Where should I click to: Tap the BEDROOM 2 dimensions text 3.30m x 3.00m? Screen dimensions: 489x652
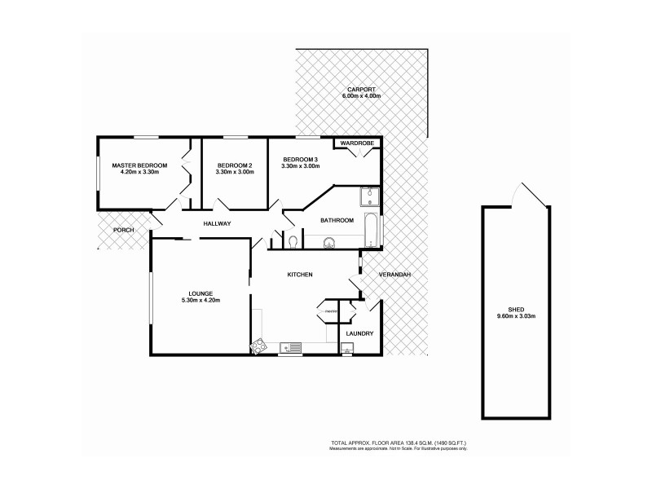click(x=235, y=173)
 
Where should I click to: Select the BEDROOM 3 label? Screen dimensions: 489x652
click(x=301, y=159)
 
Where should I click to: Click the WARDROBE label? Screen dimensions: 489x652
click(x=357, y=143)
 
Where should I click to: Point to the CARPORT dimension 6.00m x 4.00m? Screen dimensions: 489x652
click(x=362, y=96)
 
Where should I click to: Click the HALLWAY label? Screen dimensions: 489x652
click(x=218, y=223)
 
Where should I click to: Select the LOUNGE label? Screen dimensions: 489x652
click(x=200, y=293)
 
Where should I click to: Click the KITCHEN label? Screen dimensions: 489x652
click(x=300, y=275)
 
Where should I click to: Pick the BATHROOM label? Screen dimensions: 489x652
click(x=336, y=220)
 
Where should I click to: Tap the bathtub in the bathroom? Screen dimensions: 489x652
click(x=370, y=229)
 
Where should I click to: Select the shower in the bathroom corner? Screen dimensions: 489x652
click(x=368, y=196)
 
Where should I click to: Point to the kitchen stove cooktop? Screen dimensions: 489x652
click(x=260, y=346)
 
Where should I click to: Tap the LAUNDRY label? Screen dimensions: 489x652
click(x=359, y=333)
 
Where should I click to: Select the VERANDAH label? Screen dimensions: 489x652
click(x=394, y=275)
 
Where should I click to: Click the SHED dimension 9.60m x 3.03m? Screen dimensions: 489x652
click(x=515, y=315)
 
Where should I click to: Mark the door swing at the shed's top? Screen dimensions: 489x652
click(x=522, y=194)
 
